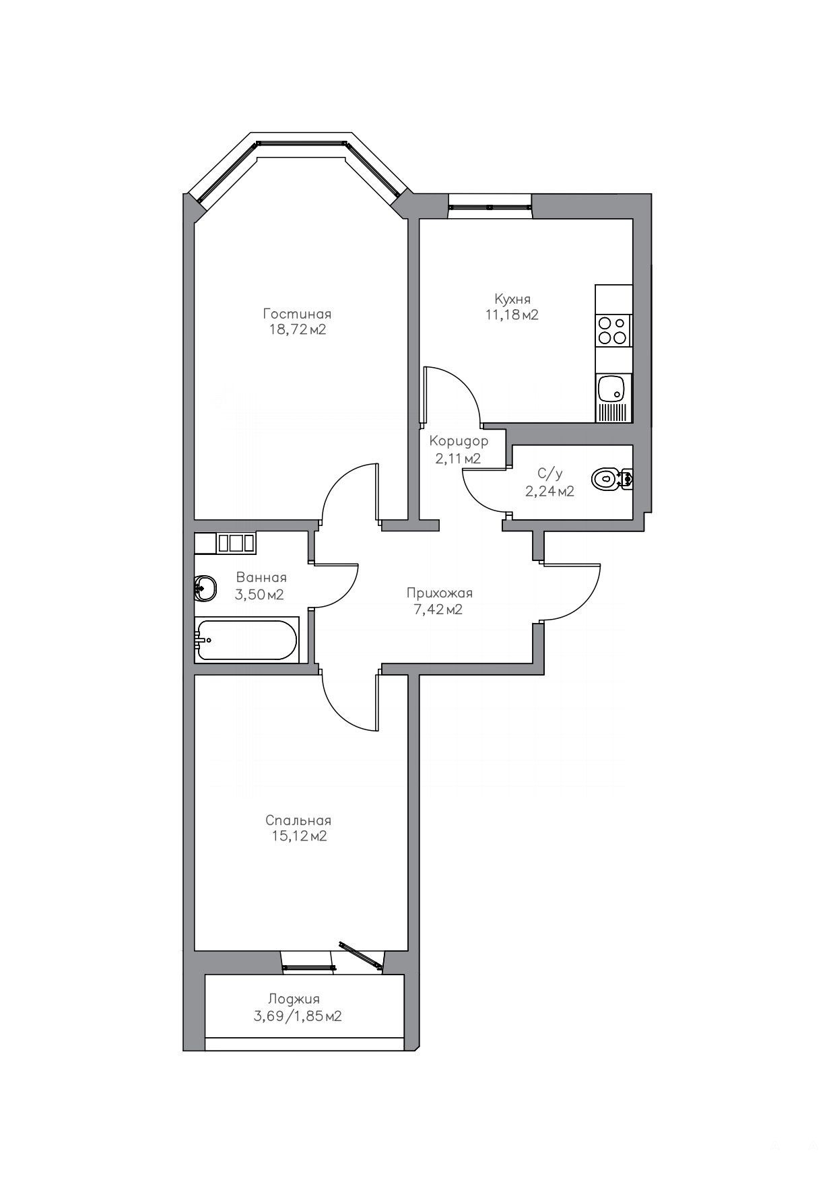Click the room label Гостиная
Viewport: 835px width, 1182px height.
point(297,314)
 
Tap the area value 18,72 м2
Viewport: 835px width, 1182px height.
point(297,329)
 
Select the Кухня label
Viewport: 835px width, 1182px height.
point(512,298)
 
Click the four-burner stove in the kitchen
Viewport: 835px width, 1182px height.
point(613,331)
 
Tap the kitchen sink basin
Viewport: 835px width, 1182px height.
point(612,389)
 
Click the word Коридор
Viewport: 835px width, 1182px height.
point(459,442)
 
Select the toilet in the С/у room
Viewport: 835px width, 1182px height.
point(612,479)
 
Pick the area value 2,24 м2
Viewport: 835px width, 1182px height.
point(549,492)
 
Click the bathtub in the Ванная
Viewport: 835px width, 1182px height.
point(246,640)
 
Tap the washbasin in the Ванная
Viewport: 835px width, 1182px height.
point(205,588)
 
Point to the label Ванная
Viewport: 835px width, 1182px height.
point(261,578)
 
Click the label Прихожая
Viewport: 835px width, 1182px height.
point(440,593)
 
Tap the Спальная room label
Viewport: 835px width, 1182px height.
point(298,820)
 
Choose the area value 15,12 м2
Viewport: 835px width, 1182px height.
point(298,836)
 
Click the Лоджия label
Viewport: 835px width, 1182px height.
point(294,999)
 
